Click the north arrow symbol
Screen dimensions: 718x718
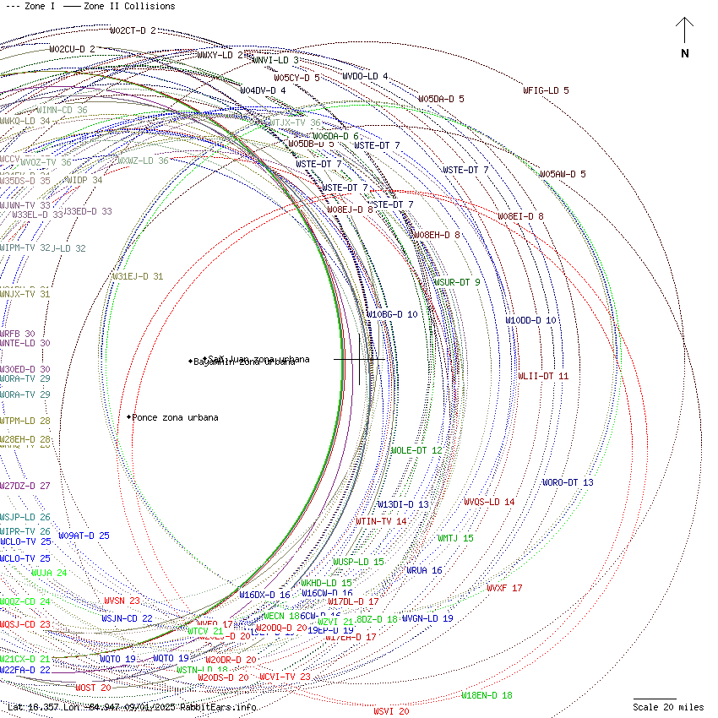click(684, 34)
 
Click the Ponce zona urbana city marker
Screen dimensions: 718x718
click(129, 417)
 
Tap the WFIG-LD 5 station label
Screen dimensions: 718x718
click(546, 90)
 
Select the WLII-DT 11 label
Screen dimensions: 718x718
click(543, 376)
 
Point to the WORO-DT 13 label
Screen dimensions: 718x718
click(568, 482)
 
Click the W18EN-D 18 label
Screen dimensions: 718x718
click(487, 695)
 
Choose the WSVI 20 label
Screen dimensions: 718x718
click(391, 711)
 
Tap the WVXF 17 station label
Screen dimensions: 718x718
click(504, 588)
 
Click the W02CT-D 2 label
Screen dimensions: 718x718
click(133, 30)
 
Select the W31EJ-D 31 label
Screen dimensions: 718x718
click(138, 276)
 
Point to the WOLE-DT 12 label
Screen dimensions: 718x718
click(416, 450)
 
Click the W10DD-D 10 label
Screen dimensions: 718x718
click(530, 320)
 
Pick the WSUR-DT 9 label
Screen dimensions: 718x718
click(457, 282)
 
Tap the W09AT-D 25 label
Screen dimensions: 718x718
click(84, 536)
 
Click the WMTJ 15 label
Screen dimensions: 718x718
click(455, 538)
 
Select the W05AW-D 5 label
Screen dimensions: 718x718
click(563, 174)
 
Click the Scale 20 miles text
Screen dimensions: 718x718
click(668, 707)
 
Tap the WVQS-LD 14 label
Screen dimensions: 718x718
click(489, 502)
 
